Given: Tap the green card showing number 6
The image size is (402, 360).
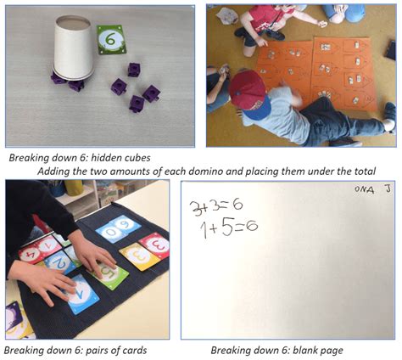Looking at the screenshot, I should (x=111, y=39).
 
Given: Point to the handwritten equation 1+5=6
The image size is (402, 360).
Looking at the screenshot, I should (x=228, y=226).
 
